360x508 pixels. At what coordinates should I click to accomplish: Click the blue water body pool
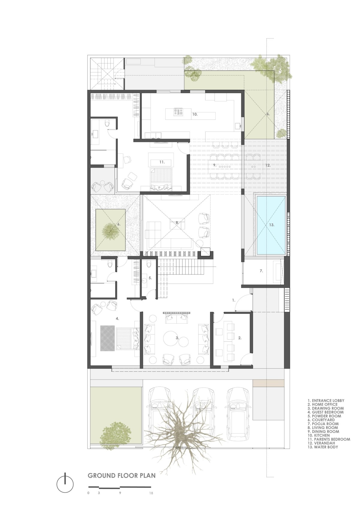[x=271, y=225]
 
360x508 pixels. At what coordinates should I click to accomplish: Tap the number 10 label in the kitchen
[x=195, y=114]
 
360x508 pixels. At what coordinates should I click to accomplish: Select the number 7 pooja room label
[x=261, y=271]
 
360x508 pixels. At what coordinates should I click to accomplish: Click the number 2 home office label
[x=240, y=338]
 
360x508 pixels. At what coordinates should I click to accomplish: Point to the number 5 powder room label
[x=150, y=278]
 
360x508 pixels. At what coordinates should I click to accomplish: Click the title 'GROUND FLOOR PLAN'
[x=122, y=473]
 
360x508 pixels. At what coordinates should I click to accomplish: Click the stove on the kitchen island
[x=178, y=111]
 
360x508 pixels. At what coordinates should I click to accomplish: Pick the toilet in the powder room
[x=148, y=264]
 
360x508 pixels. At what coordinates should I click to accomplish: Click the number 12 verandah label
[x=268, y=165]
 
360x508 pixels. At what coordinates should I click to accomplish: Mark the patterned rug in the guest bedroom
[x=107, y=338]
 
